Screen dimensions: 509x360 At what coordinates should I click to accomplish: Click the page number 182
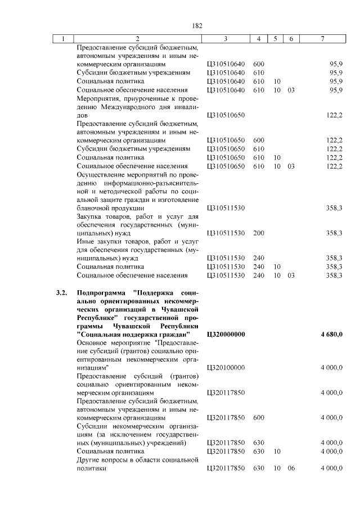pos(197,26)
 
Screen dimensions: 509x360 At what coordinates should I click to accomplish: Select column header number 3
pos(225,39)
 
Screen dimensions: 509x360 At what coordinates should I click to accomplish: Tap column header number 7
pos(322,39)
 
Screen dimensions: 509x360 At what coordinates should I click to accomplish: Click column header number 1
pos(64,39)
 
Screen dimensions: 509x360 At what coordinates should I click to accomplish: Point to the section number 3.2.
pos(62,293)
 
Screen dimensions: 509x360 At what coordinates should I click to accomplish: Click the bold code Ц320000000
pos(226,335)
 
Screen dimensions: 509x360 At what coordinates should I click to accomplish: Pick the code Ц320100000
pos(226,367)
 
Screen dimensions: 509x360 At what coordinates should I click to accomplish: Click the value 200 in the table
pos(259,233)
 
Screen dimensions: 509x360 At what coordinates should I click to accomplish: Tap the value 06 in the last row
pos(291,468)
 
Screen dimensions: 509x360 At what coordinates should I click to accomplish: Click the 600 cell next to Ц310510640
pos(259,64)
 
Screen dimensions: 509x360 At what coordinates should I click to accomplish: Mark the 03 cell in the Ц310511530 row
pos(291,275)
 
